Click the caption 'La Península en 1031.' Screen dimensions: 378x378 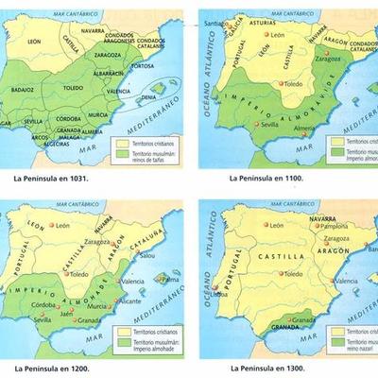click(x=52, y=176)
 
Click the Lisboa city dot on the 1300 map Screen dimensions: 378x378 click(x=218, y=287)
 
